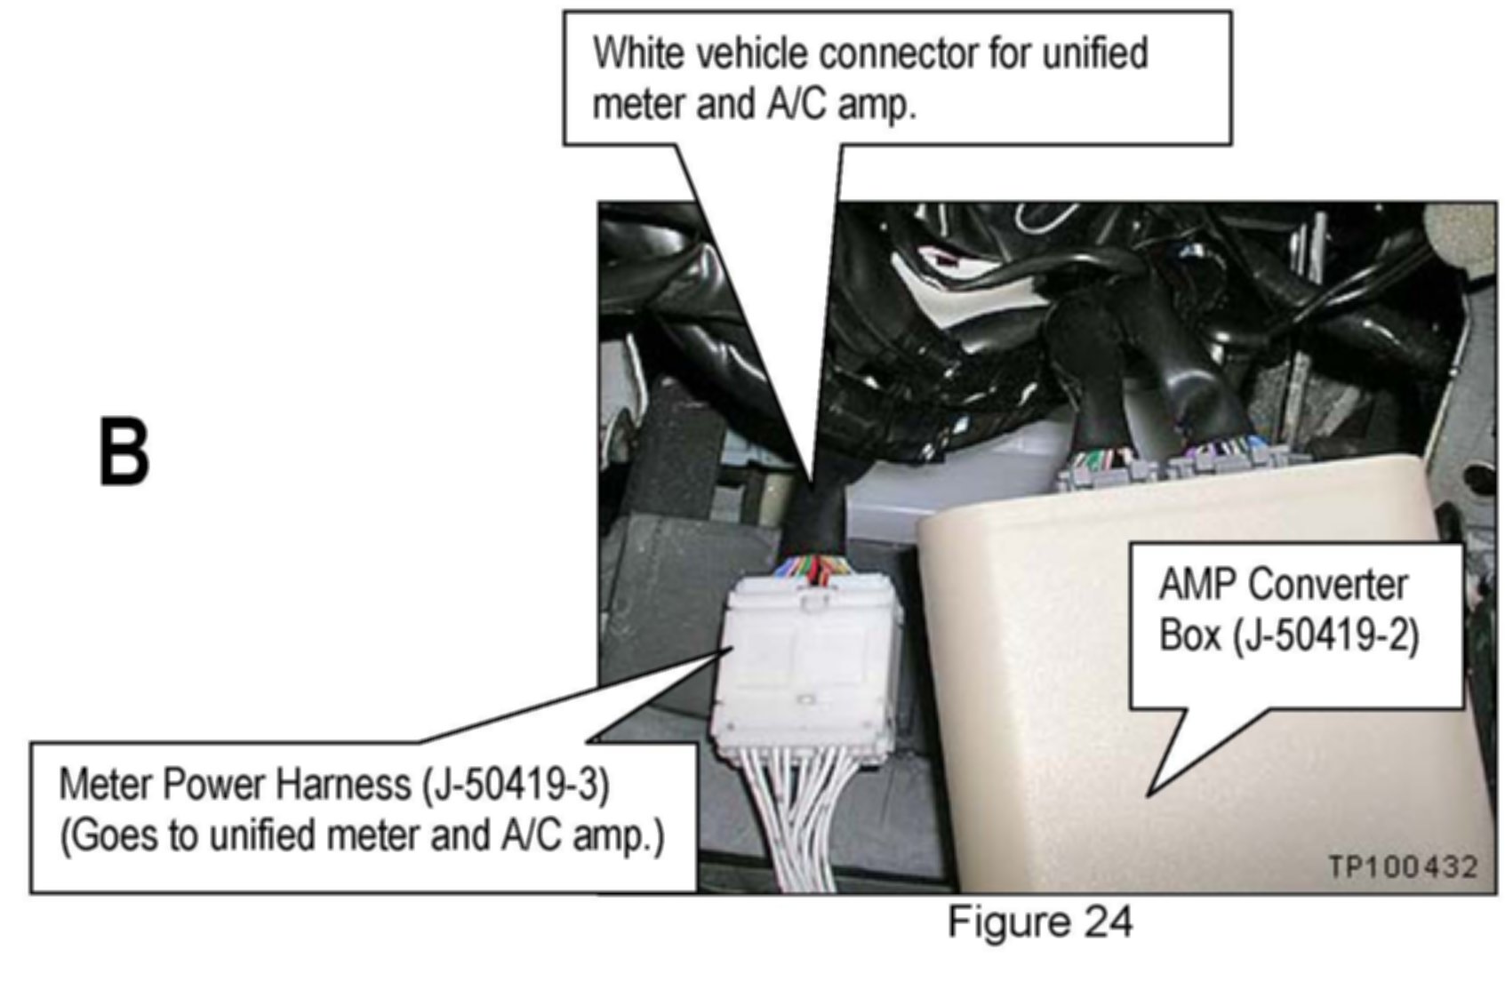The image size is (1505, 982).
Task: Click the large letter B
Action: coord(124,452)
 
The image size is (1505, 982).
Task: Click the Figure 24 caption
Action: coord(1039,922)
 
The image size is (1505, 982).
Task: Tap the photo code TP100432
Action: coord(1403,866)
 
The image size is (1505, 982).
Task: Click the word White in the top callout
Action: coord(638,53)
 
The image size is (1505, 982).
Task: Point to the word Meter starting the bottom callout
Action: coord(106,785)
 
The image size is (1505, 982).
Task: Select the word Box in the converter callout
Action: coord(1189,636)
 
